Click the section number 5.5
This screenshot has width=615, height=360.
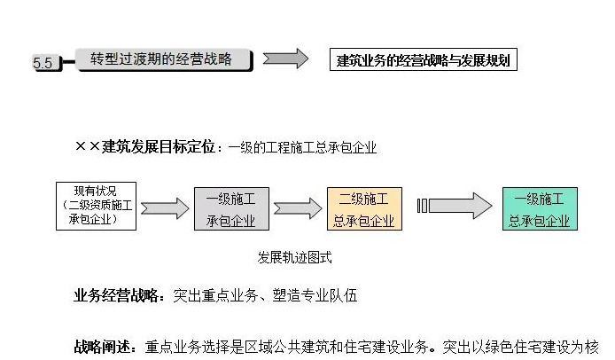[x=43, y=63]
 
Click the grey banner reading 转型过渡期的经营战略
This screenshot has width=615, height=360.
[x=161, y=59]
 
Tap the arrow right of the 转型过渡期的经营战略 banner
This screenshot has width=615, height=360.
[x=285, y=59]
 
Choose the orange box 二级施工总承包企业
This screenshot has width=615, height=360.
[x=363, y=209]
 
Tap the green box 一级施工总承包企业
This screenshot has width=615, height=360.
[x=539, y=209]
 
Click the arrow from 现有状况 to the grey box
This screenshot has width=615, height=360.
[x=164, y=209]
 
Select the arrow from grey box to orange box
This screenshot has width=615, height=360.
[x=295, y=209]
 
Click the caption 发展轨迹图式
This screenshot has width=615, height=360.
[x=295, y=258]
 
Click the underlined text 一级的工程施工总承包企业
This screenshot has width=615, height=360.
[x=302, y=148]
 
